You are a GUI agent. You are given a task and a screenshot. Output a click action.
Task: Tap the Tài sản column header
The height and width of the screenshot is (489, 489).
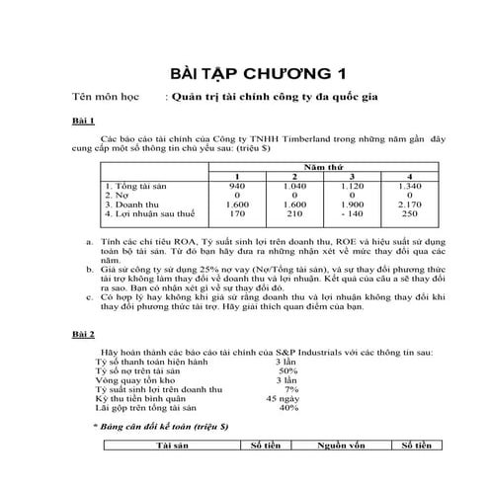point(178,446)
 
